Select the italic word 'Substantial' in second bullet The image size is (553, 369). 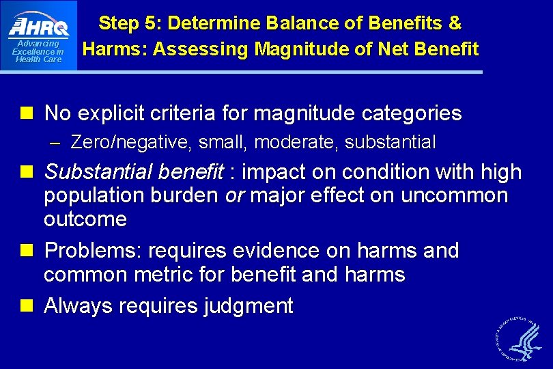pos(92,172)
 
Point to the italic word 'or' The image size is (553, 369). pos(235,196)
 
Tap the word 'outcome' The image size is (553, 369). pos(85,219)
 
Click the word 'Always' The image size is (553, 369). pos(77,306)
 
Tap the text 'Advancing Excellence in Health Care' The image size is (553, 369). pos(38,51)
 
